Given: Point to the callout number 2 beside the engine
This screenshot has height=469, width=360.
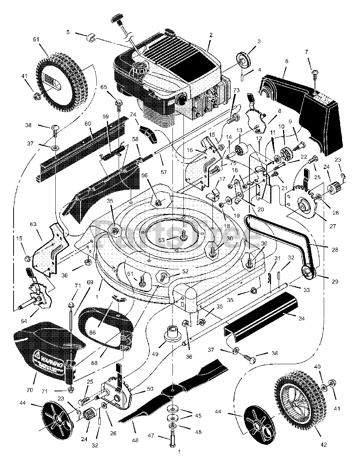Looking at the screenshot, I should click(x=211, y=35).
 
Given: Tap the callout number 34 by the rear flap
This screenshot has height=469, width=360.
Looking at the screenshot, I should click(x=301, y=318).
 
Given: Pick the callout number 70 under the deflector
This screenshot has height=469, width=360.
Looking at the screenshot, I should click(x=30, y=380).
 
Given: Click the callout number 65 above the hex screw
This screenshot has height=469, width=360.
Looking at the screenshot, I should click(x=104, y=87).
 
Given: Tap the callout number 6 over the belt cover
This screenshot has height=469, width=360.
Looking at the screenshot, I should click(x=286, y=61).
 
